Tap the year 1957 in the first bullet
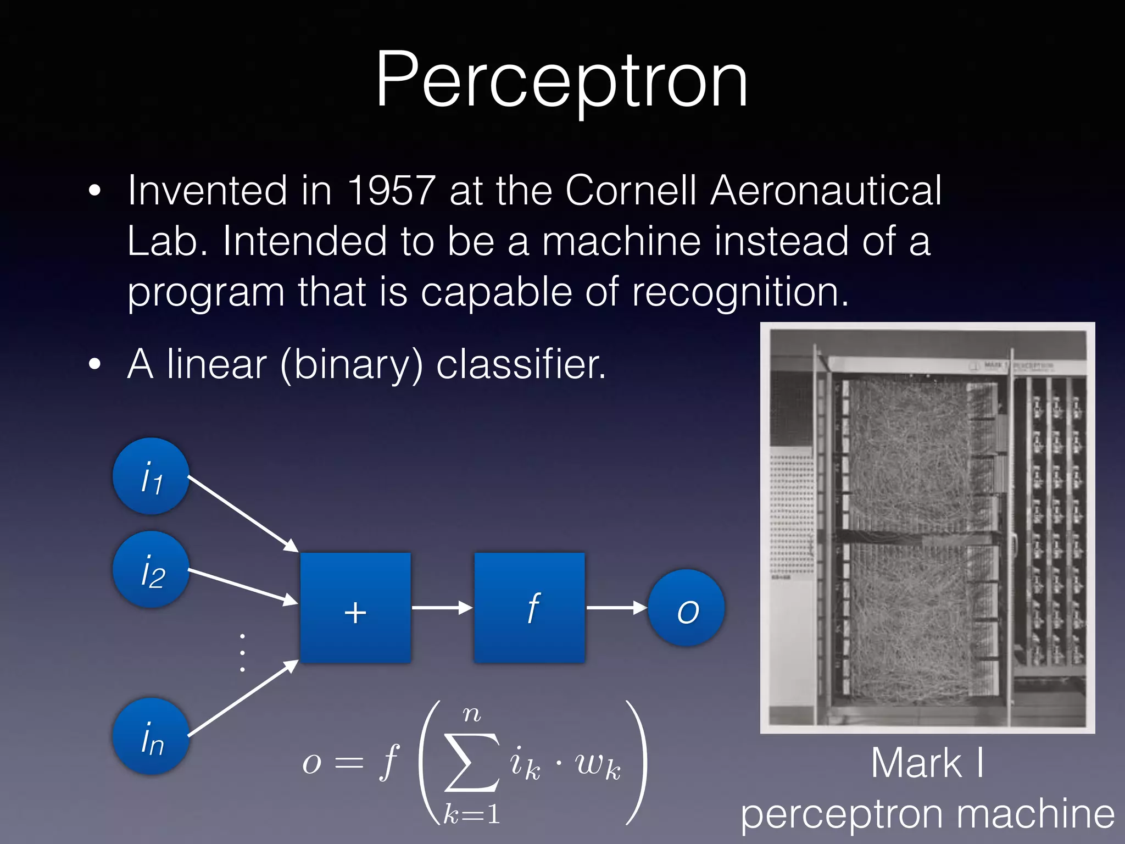click(392, 191)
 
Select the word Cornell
click(630, 191)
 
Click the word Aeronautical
click(826, 191)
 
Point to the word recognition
click(739, 292)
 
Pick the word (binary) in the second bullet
click(352, 364)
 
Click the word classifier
click(521, 364)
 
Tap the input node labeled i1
click(151, 476)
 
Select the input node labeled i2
click(151, 570)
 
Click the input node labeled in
click(151, 737)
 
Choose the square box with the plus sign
click(355, 608)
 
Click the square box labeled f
click(530, 608)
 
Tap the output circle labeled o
click(687, 608)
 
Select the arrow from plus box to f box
click(442, 608)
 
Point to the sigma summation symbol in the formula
click(471, 763)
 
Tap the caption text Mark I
click(927, 763)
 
